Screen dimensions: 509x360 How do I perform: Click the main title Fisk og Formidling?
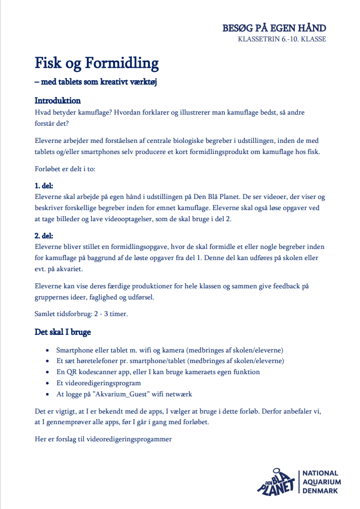pyautogui.click(x=96, y=63)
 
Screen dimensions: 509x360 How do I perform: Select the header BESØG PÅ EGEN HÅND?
pyautogui.click(x=274, y=28)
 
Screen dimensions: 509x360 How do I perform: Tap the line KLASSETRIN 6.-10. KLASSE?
pyautogui.click(x=282, y=39)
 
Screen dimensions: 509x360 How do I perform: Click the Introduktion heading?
pyautogui.click(x=58, y=100)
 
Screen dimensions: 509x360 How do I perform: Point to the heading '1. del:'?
pyautogui.click(x=43, y=186)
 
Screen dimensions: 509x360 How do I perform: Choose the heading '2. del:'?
pyautogui.click(x=43, y=236)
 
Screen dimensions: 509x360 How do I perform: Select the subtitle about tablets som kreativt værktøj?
pyautogui.click(x=95, y=82)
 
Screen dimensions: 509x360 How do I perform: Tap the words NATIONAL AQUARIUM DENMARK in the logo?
pyautogui.click(x=320, y=482)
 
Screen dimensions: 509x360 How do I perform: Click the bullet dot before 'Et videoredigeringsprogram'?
pyautogui.click(x=47, y=383)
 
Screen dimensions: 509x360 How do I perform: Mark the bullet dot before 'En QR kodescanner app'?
pyautogui.click(x=47, y=372)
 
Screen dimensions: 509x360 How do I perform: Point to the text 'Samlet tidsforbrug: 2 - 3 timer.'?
pyautogui.click(x=81, y=314)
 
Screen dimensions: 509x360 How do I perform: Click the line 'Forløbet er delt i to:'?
pyautogui.click(x=65, y=169)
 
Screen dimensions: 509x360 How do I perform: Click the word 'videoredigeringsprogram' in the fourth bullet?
pyautogui.click(x=104, y=383)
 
